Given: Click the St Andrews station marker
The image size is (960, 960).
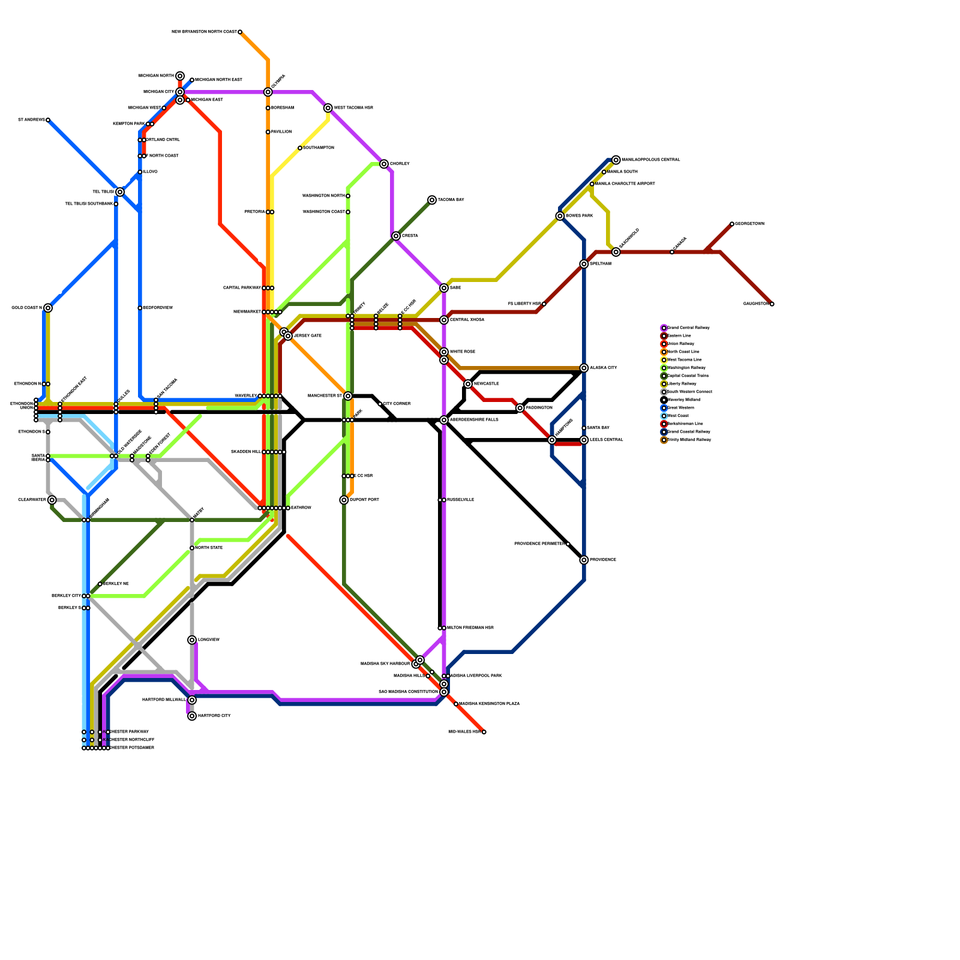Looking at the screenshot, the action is [48, 120].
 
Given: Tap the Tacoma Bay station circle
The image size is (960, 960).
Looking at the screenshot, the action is [432, 200].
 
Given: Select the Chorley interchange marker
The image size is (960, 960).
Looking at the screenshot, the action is [384, 164].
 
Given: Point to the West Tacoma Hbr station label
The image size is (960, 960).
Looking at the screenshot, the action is [353, 108].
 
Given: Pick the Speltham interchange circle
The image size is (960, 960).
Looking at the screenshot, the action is [584, 264].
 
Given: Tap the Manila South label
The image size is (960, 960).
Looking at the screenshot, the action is [622, 172].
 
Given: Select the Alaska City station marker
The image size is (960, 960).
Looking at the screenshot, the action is [584, 368].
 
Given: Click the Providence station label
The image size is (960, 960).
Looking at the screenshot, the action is [603, 560].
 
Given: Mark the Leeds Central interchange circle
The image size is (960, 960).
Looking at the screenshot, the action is [584, 440].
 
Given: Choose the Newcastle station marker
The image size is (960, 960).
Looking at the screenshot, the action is [468, 384].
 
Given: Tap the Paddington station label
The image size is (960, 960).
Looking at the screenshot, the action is [539, 408].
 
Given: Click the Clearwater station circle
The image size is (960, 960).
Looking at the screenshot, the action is [52, 500].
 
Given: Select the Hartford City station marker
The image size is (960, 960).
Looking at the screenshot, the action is [192, 716].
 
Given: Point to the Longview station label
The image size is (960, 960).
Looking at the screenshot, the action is [209, 640].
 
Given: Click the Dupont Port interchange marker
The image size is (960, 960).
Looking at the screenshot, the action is [344, 500].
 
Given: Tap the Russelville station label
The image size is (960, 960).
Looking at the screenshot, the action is [461, 500].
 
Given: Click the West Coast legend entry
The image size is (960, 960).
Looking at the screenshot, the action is [678, 416].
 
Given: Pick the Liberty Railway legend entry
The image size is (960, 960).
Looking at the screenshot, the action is [682, 384].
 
